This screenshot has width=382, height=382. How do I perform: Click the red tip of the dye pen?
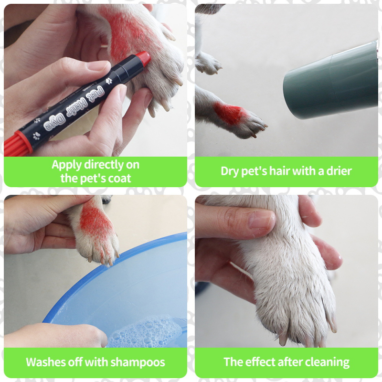[144, 58]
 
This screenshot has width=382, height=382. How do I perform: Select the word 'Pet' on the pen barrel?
[96, 94]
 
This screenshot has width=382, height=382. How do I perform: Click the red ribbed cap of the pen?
[17, 144]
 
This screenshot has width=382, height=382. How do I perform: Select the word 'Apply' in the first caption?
[67, 165]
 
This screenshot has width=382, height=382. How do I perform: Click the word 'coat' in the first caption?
[119, 179]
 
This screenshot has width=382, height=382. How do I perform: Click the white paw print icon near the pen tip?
[109, 81]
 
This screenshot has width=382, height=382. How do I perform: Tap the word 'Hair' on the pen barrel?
[76, 107]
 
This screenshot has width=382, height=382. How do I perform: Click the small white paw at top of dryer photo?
[208, 64]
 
